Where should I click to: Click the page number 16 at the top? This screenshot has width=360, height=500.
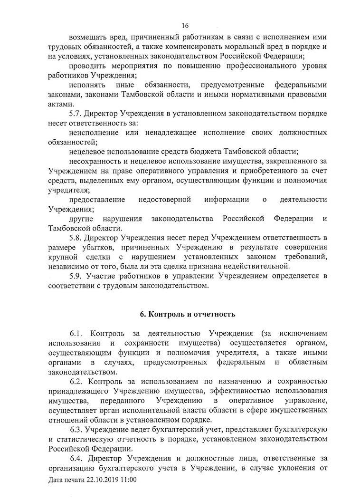[x=185, y=25]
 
